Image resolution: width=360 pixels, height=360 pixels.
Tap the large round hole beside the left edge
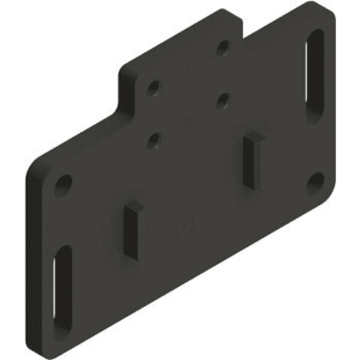click(x=63, y=182)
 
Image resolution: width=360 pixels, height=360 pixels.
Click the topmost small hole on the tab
click(x=223, y=47)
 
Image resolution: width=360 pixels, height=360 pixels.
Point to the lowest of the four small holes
click(x=154, y=140)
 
